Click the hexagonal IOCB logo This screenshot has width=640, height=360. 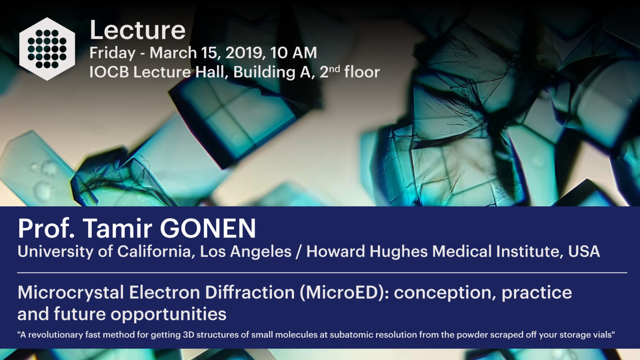point(47,49)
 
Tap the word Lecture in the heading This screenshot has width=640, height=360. point(138,30)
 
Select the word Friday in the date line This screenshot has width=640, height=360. point(112,54)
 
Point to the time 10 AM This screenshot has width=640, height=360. point(294,53)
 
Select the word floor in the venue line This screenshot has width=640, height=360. point(362,72)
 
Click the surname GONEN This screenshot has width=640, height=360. point(208,228)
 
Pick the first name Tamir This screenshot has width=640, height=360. point(118,228)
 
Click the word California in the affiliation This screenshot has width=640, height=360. point(156,252)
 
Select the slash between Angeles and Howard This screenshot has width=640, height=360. point(298,252)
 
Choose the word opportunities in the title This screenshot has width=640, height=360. point(168,314)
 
